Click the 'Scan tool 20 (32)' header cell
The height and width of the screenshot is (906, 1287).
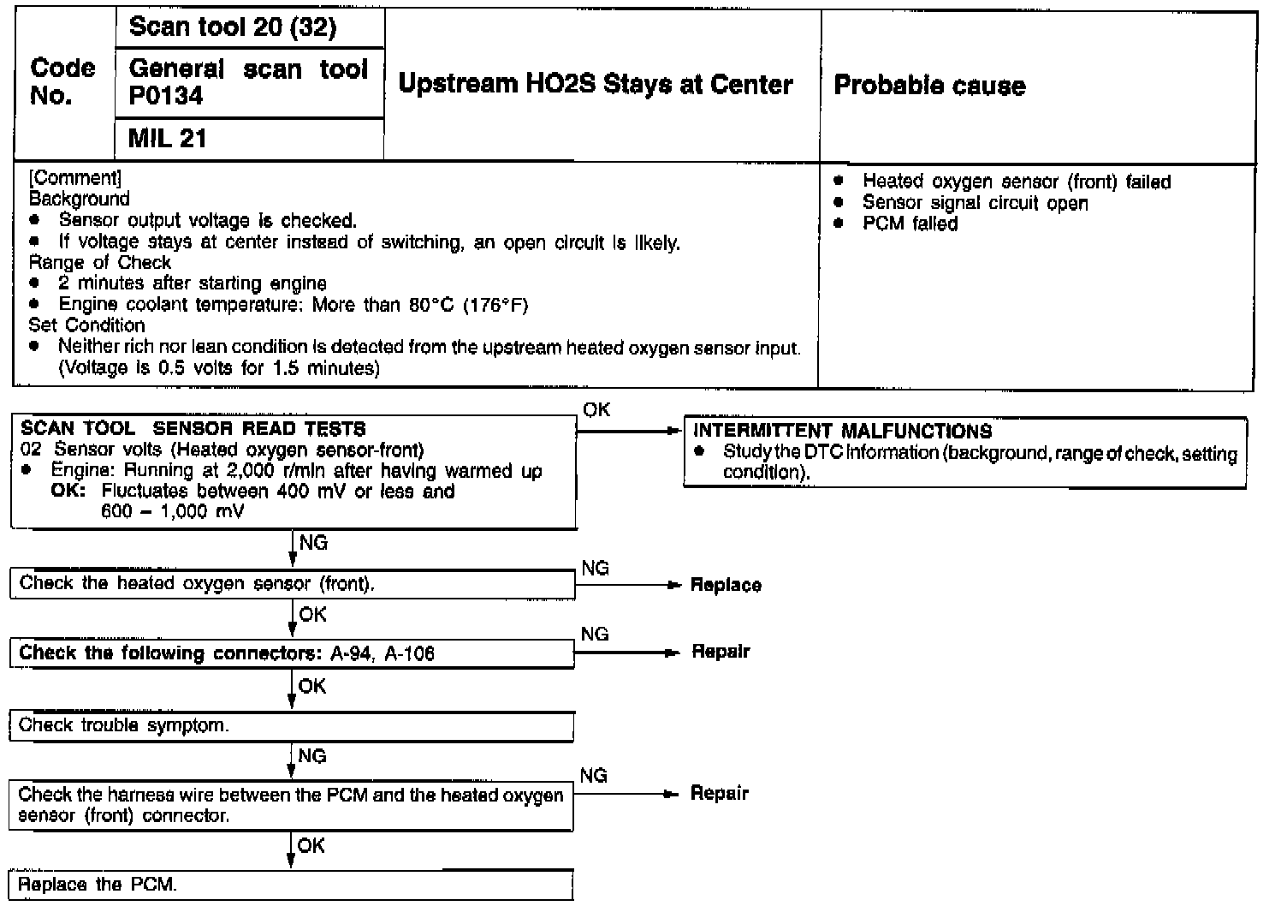tap(232, 27)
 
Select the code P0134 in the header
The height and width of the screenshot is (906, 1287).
tap(166, 96)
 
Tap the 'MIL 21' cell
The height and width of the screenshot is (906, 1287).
tap(168, 138)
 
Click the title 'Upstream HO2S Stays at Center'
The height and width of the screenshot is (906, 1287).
tap(596, 84)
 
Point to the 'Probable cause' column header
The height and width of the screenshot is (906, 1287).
tap(929, 85)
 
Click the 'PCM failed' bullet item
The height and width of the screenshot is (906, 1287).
tap(910, 224)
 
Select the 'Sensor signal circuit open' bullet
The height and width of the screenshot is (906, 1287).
tap(975, 203)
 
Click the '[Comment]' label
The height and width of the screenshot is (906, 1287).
tap(75, 178)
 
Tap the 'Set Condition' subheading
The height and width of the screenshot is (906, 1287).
tap(86, 325)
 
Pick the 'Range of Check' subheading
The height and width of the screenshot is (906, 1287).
tap(99, 262)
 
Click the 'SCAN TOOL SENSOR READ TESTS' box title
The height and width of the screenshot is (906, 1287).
tap(193, 428)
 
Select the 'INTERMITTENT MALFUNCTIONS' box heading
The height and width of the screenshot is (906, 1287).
tap(842, 431)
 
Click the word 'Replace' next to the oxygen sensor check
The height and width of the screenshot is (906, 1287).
tap(726, 586)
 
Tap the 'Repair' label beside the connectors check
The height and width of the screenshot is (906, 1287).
tap(721, 652)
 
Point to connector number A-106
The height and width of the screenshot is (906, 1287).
tap(409, 654)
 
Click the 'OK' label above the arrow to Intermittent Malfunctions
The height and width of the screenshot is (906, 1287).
tap(596, 409)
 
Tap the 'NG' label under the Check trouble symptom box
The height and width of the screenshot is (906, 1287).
tap(312, 756)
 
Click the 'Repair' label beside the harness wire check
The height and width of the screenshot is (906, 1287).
tap(719, 794)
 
